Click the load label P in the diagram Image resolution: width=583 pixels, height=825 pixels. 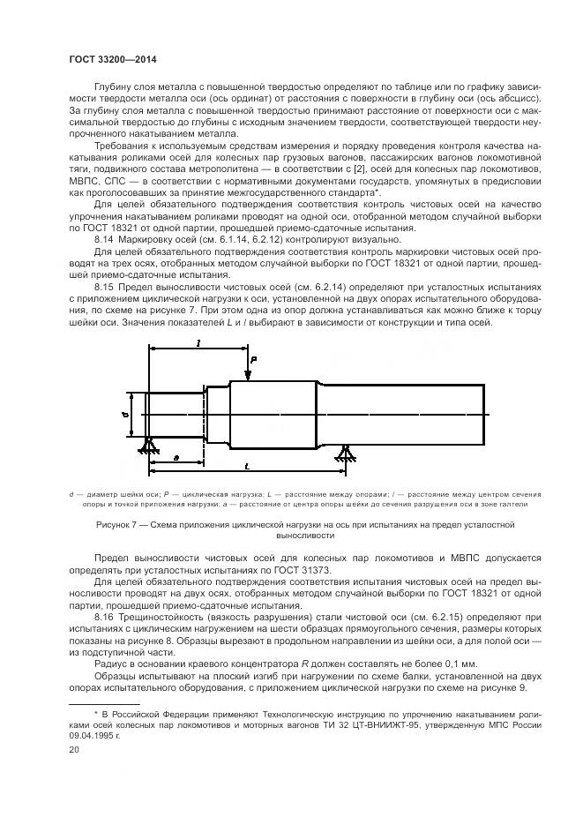click(x=253, y=361)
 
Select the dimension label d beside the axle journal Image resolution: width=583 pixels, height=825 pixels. click(x=126, y=412)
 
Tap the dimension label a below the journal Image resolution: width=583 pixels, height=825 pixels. click(x=176, y=457)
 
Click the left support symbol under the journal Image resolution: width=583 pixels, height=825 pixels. click(x=148, y=446)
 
